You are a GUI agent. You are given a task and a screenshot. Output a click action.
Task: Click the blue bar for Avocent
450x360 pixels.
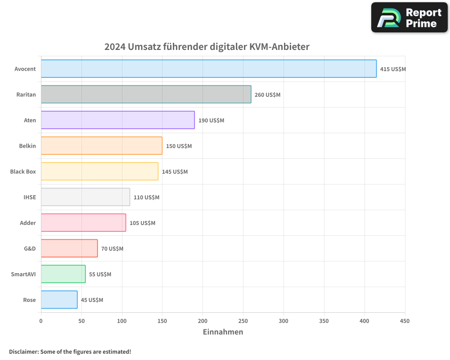click(209, 69)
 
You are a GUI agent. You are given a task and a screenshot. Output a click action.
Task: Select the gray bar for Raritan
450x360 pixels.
click(146, 94)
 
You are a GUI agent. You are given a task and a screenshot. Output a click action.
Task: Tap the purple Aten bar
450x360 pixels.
click(117, 120)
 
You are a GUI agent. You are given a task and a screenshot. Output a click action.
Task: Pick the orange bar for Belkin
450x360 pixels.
click(101, 146)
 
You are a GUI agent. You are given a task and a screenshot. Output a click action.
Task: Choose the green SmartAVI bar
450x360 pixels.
click(63, 274)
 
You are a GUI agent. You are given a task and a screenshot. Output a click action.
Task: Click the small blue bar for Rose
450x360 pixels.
click(59, 300)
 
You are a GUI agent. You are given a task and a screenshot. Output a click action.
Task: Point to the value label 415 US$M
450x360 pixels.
click(393, 69)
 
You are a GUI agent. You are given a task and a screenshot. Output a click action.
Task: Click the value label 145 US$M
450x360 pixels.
click(175, 172)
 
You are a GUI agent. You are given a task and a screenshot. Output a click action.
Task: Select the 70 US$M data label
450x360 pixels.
click(112, 249)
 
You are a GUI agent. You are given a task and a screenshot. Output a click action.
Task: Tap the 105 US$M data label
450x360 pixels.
click(142, 223)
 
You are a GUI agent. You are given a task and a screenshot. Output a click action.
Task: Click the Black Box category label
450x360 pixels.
click(23, 171)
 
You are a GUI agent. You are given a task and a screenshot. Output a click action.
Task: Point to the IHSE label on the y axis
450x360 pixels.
click(30, 197)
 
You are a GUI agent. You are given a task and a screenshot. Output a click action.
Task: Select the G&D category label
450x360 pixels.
click(30, 248)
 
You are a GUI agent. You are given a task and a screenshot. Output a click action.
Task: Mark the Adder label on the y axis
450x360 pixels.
click(28, 223)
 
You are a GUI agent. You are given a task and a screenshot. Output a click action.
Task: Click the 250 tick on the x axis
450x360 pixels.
click(243, 321)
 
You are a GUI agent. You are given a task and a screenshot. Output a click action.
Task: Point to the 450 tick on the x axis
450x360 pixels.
click(405, 321)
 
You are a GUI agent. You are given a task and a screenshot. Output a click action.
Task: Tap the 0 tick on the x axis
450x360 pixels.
click(41, 321)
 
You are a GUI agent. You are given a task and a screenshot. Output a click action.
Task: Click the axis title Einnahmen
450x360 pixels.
click(223, 332)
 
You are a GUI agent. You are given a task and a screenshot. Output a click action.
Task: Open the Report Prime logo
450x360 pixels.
click(409, 18)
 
